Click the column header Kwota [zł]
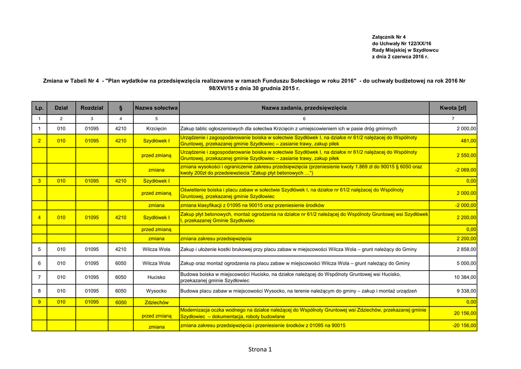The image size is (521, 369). [453, 108]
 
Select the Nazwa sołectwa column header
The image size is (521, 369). [156, 108]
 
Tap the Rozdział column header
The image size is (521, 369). [92, 108]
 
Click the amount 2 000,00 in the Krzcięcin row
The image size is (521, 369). [466, 129]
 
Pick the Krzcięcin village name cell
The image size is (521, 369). [156, 129]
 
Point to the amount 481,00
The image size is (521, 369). [468, 141]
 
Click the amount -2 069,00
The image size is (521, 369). [465, 170]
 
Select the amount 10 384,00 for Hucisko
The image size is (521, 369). [465, 277]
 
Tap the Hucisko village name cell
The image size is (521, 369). [156, 277]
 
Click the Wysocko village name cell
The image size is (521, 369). [156, 291]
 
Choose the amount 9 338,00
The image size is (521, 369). [466, 291]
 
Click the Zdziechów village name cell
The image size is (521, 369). [156, 302]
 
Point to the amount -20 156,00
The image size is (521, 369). [464, 326]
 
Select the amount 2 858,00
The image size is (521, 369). [466, 249]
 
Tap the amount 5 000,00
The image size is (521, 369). [466, 264]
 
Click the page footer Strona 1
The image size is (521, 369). [260, 349]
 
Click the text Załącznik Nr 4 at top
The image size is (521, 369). [389, 37]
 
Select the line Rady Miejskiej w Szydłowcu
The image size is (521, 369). [405, 50]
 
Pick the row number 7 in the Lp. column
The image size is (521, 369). [39, 277]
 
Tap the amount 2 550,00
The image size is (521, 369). [466, 155]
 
